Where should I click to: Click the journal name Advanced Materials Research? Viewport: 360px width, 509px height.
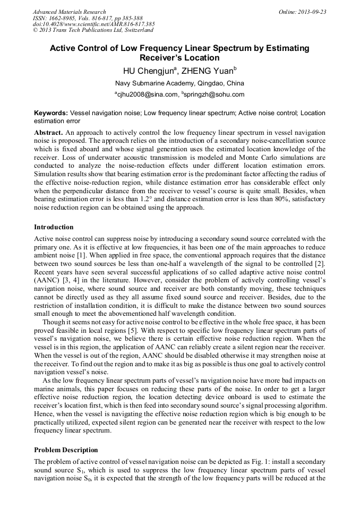coord(69,12)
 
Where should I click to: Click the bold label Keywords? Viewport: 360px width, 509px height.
coord(51,113)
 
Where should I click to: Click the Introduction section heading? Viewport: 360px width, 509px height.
coord(54,227)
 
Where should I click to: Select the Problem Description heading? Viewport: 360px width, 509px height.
coord(66,450)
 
